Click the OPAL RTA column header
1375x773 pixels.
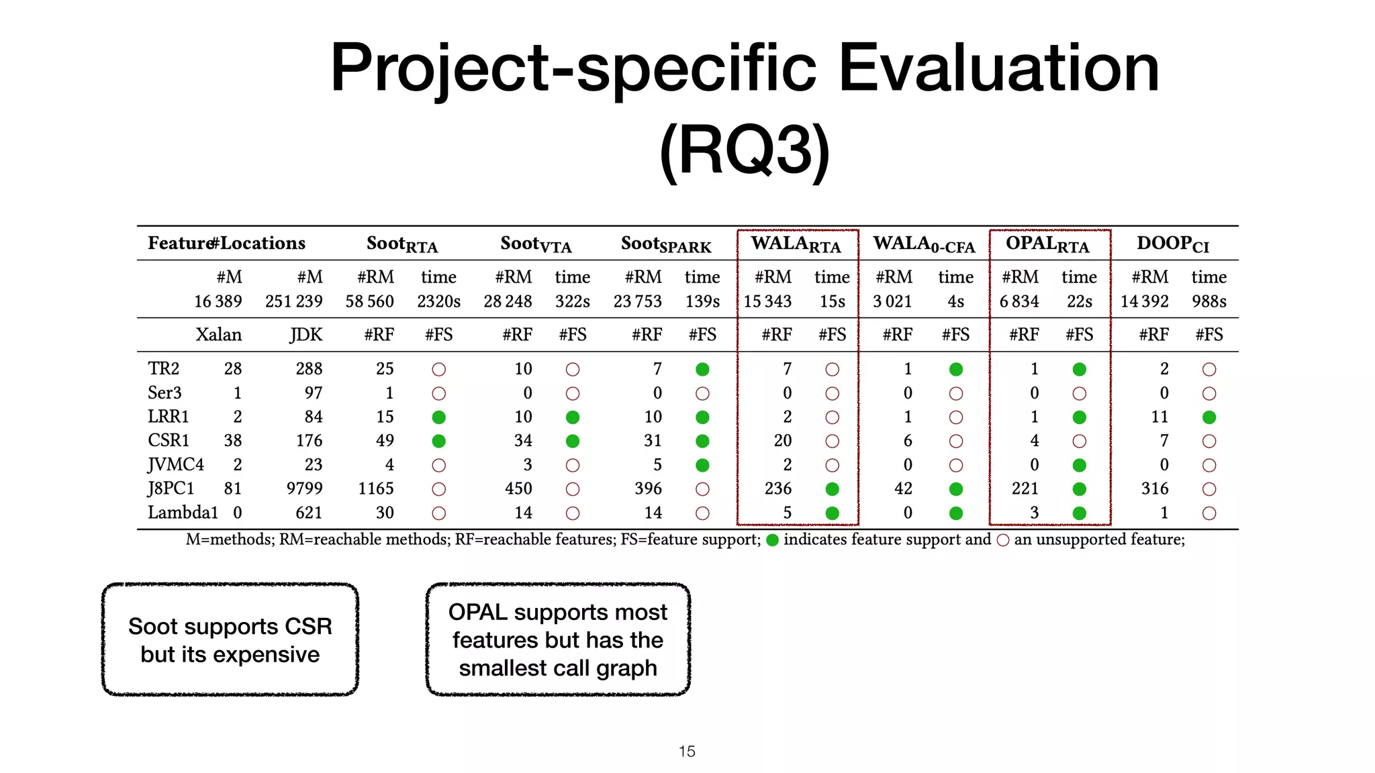[x=1047, y=244]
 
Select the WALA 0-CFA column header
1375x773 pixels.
[x=924, y=244]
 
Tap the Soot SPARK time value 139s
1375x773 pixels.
[x=702, y=301]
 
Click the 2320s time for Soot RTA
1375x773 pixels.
[x=438, y=301]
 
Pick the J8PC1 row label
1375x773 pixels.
[x=171, y=488]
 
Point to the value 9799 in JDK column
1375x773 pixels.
[x=304, y=488]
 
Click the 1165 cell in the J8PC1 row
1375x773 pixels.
[x=376, y=488]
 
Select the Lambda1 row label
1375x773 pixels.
[x=183, y=513]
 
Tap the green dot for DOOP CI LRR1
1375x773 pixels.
[x=1209, y=417]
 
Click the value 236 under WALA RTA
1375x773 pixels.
[x=778, y=488]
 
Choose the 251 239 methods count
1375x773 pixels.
[x=293, y=301]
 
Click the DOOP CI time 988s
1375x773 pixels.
[x=1209, y=301]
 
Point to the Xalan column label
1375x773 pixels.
[x=218, y=335]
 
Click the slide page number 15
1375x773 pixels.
[x=687, y=752]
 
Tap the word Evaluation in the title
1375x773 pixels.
[x=998, y=68]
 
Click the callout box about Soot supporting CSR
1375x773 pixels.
[x=230, y=639]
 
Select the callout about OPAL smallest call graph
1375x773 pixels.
[x=558, y=639]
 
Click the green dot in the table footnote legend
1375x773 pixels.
[x=772, y=540]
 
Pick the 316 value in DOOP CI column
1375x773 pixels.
[x=1155, y=488]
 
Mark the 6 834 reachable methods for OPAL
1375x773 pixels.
[x=1018, y=301]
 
